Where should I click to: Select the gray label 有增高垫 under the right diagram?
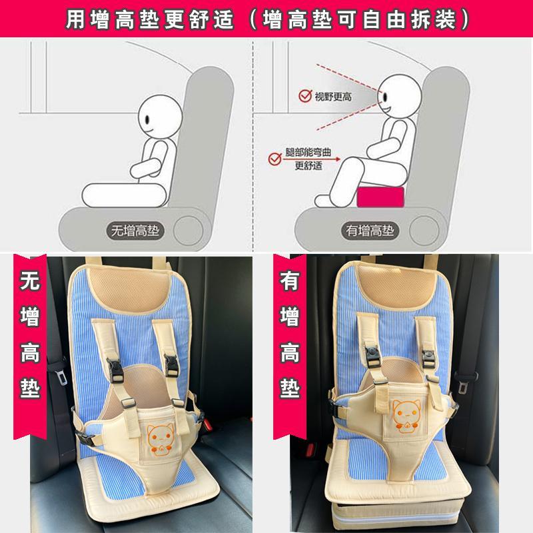click(x=370, y=231)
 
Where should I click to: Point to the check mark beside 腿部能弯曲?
click(x=272, y=159)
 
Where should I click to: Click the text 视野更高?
click(x=333, y=97)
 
